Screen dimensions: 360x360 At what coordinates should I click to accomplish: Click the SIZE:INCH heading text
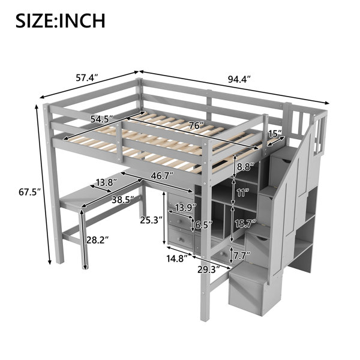[x=61, y=21]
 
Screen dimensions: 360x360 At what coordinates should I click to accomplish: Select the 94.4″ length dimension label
[x=239, y=79]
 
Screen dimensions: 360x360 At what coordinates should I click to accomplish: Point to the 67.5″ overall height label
[x=30, y=192]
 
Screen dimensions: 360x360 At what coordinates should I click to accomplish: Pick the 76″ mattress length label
[x=196, y=125]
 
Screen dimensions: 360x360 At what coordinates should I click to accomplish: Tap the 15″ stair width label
[x=275, y=133]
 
